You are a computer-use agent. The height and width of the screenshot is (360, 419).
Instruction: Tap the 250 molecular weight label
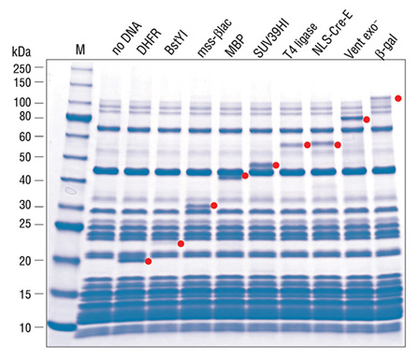(23, 68)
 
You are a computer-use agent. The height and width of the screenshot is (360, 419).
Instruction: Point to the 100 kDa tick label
(23, 102)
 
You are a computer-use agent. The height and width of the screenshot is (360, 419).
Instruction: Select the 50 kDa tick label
(26, 156)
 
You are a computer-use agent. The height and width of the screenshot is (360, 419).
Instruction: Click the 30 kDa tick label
(26, 206)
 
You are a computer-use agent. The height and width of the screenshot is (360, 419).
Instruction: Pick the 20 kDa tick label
(26, 260)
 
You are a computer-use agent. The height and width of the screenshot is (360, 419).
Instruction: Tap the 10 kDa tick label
(26, 327)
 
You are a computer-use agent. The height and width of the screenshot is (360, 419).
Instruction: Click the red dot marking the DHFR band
(149, 261)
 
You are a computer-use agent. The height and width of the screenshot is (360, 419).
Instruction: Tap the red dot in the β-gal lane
(398, 98)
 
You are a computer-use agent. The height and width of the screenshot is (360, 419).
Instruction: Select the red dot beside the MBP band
(245, 175)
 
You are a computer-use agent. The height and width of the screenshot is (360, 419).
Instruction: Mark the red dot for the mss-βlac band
(214, 206)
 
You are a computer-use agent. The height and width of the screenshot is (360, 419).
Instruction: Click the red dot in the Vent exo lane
(367, 120)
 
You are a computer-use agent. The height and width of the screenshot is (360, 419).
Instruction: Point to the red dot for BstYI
(181, 244)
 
